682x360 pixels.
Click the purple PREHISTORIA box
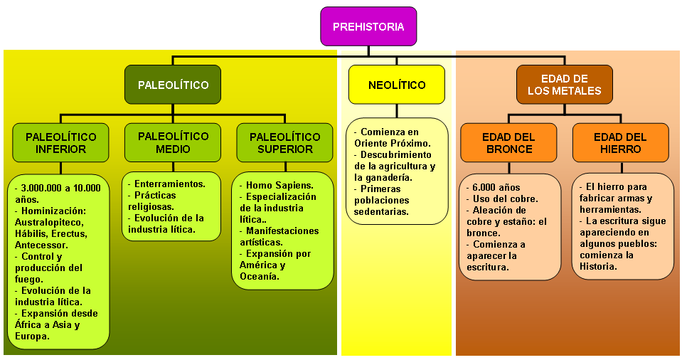(368, 27)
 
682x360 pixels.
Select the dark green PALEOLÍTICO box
(173, 85)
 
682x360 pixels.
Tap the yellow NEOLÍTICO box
(397, 85)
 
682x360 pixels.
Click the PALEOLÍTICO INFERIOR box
(60, 143)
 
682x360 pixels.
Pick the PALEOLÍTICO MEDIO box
(173, 142)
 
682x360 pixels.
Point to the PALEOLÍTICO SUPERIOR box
(285, 143)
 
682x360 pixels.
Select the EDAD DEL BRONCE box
(508, 143)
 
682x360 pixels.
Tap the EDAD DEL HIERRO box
(620, 143)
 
